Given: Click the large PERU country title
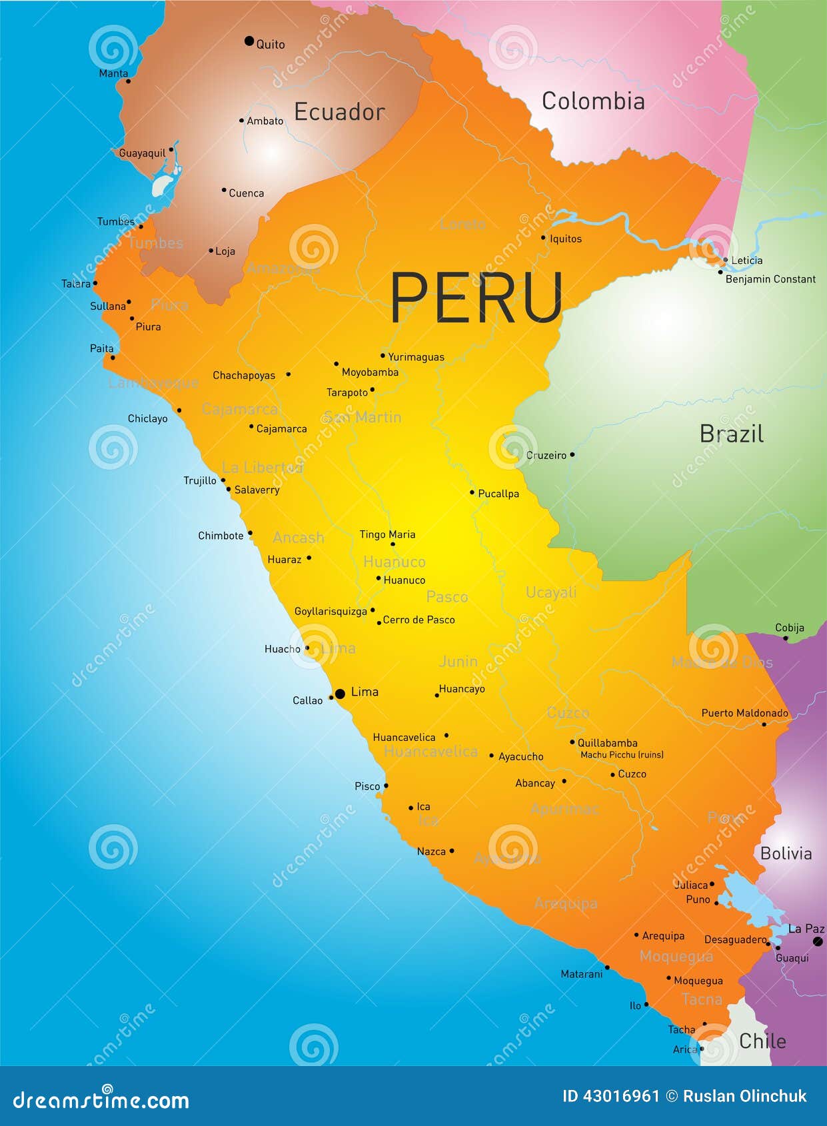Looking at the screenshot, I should [476, 298].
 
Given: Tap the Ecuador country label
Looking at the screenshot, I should [339, 112].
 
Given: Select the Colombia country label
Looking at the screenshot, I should [592, 101].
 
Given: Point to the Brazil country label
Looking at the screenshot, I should [731, 434].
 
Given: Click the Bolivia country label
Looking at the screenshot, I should [786, 853].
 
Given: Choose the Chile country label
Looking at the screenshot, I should [762, 1041].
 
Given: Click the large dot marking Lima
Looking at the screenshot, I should [340, 694].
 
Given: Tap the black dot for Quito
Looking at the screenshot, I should [249, 41].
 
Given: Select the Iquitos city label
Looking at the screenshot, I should [565, 239].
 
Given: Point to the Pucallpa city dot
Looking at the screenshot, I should [472, 492].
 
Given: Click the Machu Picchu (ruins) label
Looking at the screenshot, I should [622, 755].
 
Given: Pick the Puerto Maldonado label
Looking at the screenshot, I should [744, 713].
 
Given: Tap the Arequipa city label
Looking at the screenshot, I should [663, 935].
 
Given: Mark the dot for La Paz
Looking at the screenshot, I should [818, 941].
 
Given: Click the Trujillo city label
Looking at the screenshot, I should [200, 480].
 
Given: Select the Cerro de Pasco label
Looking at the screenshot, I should [418, 620].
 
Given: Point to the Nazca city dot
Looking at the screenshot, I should [452, 851].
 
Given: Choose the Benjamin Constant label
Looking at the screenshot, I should [770, 279].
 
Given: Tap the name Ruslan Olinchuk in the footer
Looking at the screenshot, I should [744, 1096].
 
